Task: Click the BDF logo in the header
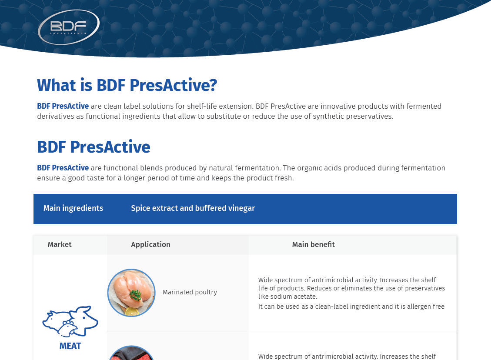coord(69,27)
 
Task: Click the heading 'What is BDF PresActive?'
coord(127,85)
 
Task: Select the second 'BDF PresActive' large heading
coord(94,147)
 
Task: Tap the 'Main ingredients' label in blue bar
coord(73,208)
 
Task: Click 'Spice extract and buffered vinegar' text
coord(193,208)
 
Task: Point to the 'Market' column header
coord(60,244)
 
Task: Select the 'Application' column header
coord(150,244)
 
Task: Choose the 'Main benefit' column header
coord(313,244)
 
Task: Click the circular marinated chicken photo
coord(131,292)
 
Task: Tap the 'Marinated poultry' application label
coord(190,292)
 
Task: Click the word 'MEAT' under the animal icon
coord(70,346)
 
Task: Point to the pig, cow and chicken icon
coord(70,321)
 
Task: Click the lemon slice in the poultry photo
coord(132,311)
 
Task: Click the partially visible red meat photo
coord(131,353)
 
